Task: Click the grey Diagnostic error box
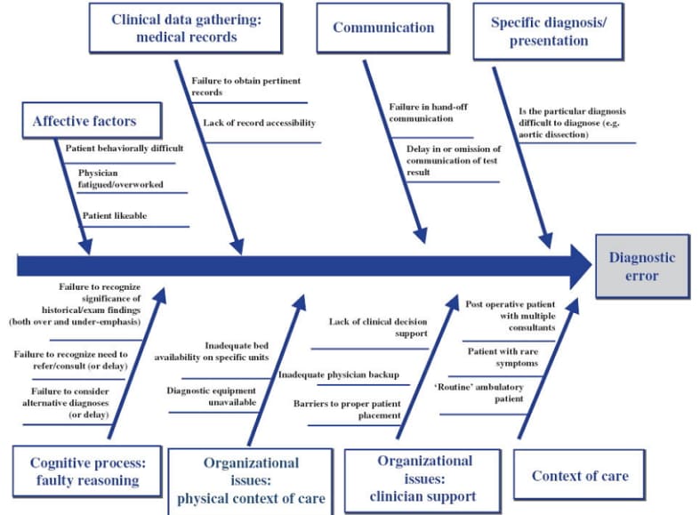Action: point(642,266)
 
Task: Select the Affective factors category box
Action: point(84,120)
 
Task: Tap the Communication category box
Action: point(383,28)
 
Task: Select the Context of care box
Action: point(579,476)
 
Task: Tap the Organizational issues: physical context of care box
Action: point(252,480)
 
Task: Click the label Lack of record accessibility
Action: point(259,123)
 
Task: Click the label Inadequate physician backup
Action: point(338,374)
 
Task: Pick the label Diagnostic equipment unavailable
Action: point(212,396)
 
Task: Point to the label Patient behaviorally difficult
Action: point(125,149)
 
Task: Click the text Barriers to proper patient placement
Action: point(347,409)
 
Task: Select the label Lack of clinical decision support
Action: point(378,327)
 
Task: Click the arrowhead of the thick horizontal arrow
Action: point(581,266)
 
